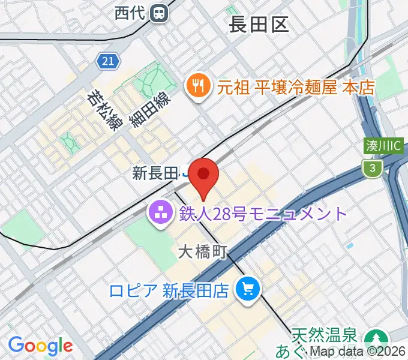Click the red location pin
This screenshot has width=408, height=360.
[204, 176]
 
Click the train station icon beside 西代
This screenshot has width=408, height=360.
[159, 11]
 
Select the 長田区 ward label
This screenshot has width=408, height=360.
[259, 25]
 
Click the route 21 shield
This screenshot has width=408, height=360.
[107, 61]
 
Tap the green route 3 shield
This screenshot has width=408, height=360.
[373, 169]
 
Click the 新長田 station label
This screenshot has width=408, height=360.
[155, 174]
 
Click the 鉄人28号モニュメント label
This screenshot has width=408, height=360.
[263, 214]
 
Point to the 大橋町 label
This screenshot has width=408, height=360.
[202, 253]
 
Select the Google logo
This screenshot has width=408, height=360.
[40, 346]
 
